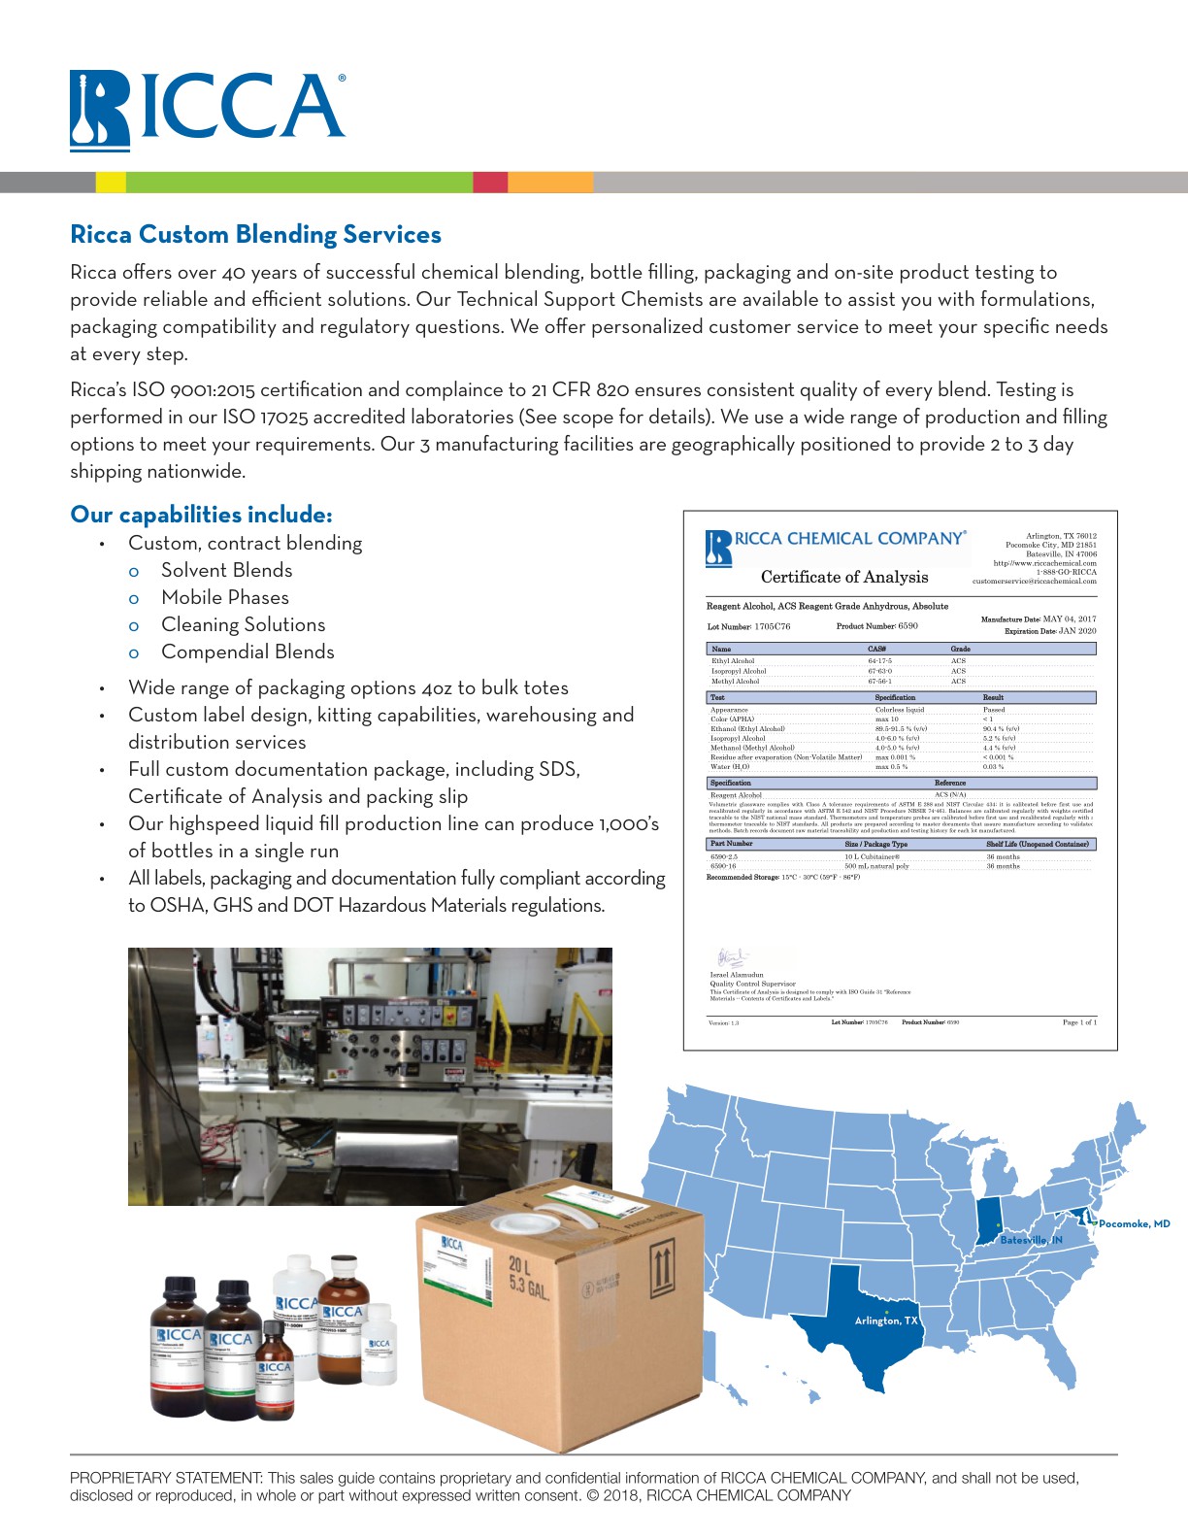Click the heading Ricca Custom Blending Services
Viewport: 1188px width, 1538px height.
coord(255,235)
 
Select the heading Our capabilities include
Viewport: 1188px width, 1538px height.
coord(201,515)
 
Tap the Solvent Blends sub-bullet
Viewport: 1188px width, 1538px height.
coord(226,571)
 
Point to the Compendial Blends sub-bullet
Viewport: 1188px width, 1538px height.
coord(247,652)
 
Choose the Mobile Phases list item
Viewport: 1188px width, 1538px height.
coord(225,598)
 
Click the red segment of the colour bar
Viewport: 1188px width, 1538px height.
coord(490,183)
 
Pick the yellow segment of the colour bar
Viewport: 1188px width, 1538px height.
coord(111,183)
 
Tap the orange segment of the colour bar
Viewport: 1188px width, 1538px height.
coord(550,183)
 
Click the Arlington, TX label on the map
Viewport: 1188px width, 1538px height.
coord(885,1321)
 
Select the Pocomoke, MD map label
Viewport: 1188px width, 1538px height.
coord(1134,1223)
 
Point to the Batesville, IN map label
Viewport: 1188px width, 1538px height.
coord(1031,1240)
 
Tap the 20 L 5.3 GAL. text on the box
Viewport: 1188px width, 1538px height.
coord(530,1278)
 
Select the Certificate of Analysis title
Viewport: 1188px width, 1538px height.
coord(844,577)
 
